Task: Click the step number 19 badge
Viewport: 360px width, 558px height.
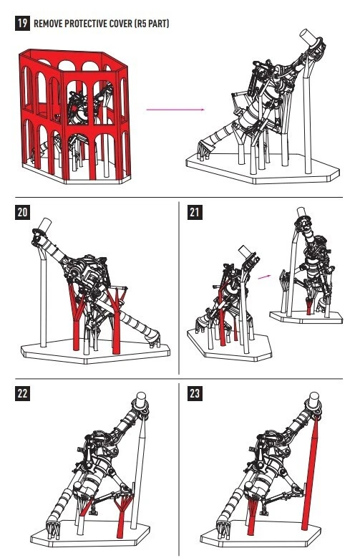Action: pos(22,24)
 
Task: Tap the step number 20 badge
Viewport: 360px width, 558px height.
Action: pos(22,213)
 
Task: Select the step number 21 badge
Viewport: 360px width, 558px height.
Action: pos(195,213)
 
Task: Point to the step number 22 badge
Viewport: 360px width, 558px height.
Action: pos(22,393)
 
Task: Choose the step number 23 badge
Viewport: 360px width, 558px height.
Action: pos(195,393)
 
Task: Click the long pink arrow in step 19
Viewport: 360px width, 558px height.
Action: pos(175,110)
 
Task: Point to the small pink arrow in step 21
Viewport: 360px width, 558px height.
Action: pos(264,276)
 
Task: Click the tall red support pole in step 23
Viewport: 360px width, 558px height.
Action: pos(309,473)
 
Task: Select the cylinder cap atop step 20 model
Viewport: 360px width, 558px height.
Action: pos(45,225)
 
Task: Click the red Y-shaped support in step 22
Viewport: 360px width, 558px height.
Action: pos(122,512)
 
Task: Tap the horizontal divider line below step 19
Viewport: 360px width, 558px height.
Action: pos(179,197)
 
